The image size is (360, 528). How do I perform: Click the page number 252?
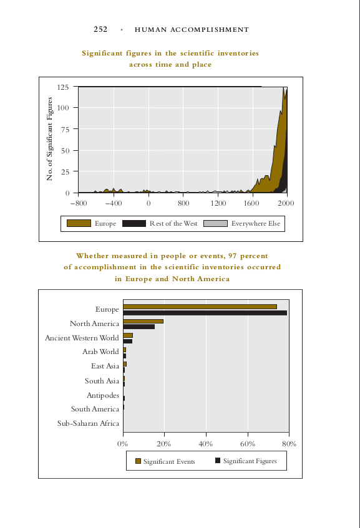click(100, 29)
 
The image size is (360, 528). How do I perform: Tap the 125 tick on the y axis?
click(62, 87)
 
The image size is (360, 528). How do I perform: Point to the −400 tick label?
click(114, 203)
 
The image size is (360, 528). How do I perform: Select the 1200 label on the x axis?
click(218, 203)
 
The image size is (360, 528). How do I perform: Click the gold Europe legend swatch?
click(79, 223)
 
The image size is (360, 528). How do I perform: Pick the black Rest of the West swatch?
click(134, 223)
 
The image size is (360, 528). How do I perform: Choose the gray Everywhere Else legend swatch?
click(215, 223)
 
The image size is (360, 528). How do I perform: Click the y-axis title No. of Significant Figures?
click(49, 139)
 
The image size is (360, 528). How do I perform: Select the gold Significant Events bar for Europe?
click(200, 307)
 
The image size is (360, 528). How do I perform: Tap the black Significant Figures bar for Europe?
click(205, 313)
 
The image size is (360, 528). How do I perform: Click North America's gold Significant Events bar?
click(144, 321)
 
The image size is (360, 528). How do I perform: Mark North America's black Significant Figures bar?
click(139, 327)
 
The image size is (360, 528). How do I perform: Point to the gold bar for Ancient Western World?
click(128, 335)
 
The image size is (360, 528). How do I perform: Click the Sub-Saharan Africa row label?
click(89, 423)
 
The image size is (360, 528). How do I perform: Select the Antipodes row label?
click(103, 395)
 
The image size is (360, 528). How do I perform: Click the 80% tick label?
click(289, 444)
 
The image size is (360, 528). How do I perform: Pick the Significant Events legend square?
click(139, 461)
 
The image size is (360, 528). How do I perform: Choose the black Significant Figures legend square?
click(218, 460)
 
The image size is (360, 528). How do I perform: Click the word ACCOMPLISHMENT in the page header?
click(210, 30)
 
